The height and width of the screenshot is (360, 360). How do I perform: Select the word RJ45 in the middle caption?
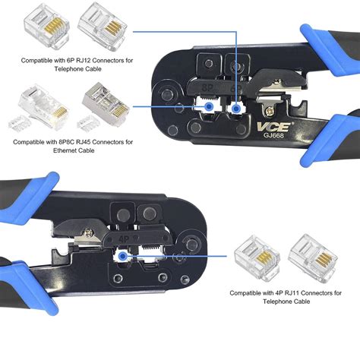(x=89, y=141)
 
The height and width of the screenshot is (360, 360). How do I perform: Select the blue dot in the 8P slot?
(x=207, y=109)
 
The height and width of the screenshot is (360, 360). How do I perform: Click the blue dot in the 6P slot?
(x=237, y=109)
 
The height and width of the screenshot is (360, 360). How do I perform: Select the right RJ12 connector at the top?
(x=99, y=22)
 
